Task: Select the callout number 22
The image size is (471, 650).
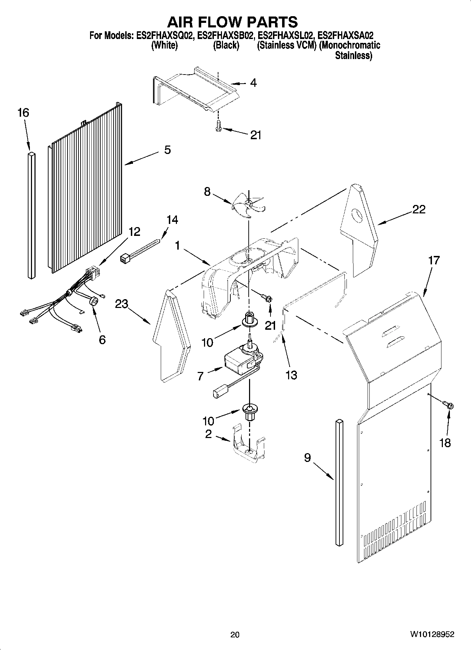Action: (419, 210)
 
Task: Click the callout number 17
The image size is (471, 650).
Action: (434, 260)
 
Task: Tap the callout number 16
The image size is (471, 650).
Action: (23, 113)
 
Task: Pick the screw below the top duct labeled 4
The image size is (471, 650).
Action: (218, 126)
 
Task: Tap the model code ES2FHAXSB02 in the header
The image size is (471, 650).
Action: (225, 36)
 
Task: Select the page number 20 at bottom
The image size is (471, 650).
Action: (235, 635)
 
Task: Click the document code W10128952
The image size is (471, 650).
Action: (432, 635)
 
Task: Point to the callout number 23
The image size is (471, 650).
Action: (121, 304)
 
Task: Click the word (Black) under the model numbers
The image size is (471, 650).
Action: (226, 45)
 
